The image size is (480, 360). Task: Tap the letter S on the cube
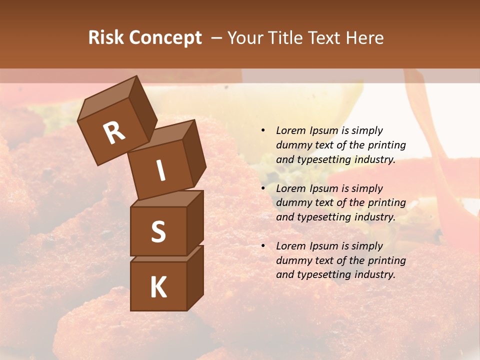pyautogui.click(x=158, y=231)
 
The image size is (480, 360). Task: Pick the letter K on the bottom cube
pyautogui.click(x=158, y=287)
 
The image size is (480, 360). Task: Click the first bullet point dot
pyautogui.click(x=263, y=130)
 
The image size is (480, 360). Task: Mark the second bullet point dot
pyautogui.click(x=263, y=188)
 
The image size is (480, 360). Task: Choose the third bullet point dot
pyautogui.click(x=263, y=246)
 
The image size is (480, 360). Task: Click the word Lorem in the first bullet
pyautogui.click(x=290, y=130)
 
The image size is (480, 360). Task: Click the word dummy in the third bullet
pyautogui.click(x=293, y=260)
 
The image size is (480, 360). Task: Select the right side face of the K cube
pyautogui.click(x=195, y=277)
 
